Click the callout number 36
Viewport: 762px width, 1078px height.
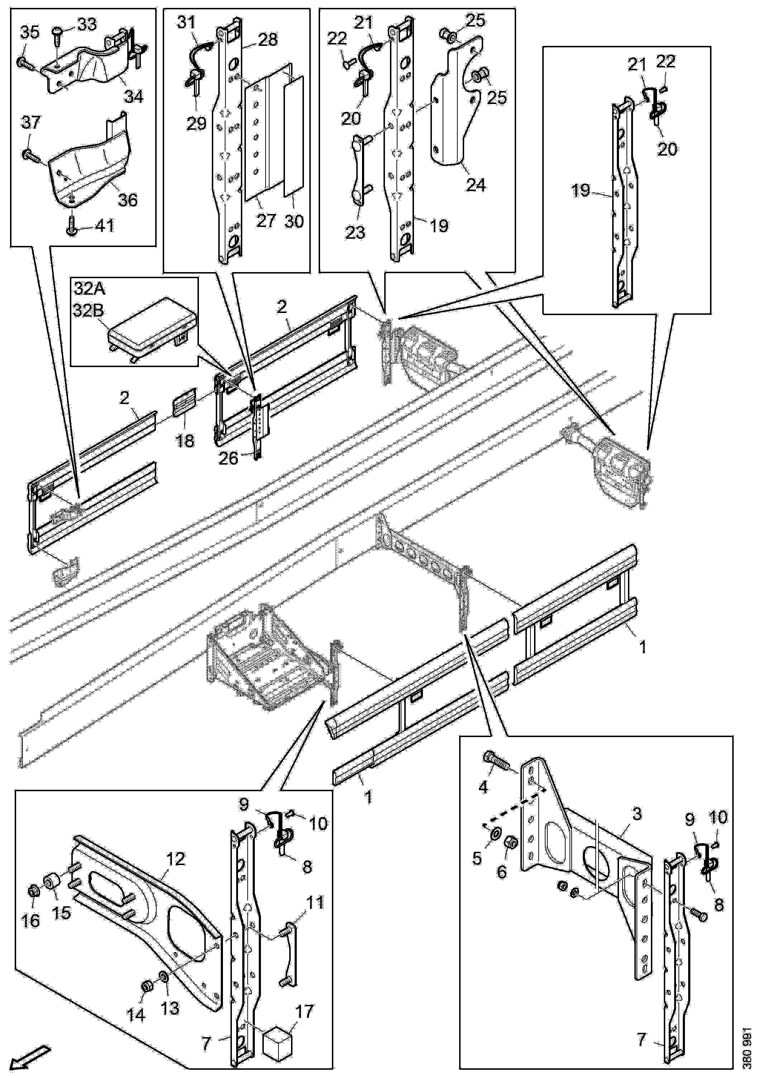coord(127,200)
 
